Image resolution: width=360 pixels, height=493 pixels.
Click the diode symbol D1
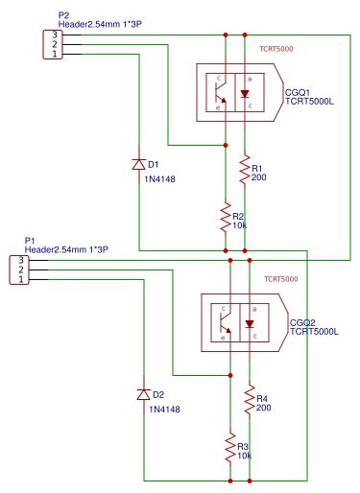(139, 165)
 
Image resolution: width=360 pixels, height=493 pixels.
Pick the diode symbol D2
(145, 394)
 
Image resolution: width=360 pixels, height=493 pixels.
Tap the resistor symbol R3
(230, 448)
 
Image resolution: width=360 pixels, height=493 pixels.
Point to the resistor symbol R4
(250, 401)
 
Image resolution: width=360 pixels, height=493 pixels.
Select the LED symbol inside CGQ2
(251, 323)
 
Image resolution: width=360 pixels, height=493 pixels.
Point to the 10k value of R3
(246, 456)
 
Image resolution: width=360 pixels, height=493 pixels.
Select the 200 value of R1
(259, 178)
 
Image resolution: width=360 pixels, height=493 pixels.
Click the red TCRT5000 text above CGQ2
(279, 279)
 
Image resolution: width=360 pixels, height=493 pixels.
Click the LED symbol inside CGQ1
(246, 93)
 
